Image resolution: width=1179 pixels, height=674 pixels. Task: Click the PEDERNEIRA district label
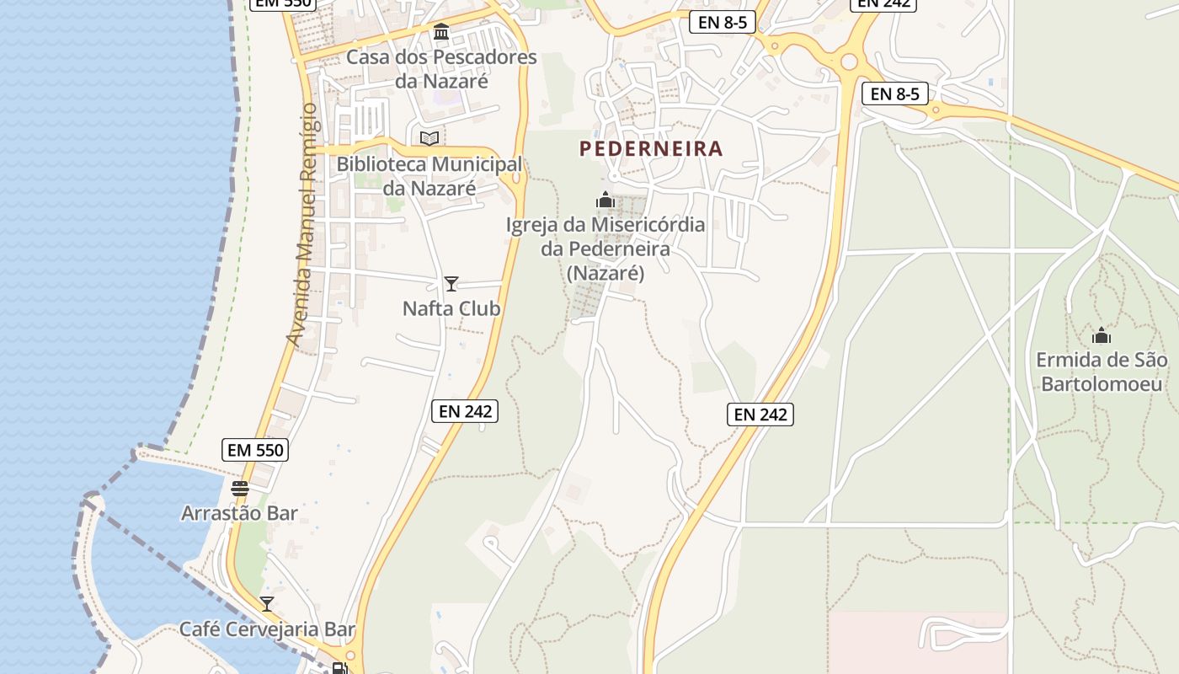click(651, 149)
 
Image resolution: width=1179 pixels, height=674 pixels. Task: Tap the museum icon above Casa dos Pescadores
click(440, 32)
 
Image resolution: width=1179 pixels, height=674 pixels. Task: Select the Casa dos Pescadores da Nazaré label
click(441, 69)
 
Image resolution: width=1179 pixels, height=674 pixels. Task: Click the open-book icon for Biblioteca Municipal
click(429, 138)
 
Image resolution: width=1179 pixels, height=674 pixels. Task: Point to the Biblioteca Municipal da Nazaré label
click(429, 176)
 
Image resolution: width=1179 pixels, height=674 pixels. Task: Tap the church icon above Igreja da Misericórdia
click(605, 200)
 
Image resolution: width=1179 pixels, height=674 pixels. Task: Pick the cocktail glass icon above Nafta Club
click(451, 284)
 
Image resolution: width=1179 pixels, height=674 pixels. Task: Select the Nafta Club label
click(451, 309)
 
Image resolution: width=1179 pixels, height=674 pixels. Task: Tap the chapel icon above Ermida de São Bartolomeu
click(1101, 335)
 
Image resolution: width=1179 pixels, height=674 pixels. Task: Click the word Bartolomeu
click(1104, 384)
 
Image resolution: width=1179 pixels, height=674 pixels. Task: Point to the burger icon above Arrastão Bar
click(240, 488)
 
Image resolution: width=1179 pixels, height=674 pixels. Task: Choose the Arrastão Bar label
click(240, 513)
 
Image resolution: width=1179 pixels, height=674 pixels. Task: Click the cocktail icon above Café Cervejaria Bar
click(267, 604)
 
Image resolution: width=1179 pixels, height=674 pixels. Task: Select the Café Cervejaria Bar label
click(267, 629)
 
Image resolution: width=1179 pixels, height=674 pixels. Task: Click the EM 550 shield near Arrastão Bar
click(256, 450)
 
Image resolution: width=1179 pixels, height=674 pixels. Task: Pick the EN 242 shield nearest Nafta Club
click(465, 411)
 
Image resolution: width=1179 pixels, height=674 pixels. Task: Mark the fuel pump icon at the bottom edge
click(339, 668)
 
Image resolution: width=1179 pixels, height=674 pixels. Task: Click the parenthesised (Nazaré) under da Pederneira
click(605, 273)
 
